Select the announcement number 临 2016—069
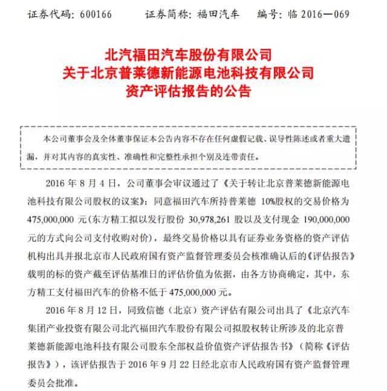click(328, 13)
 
